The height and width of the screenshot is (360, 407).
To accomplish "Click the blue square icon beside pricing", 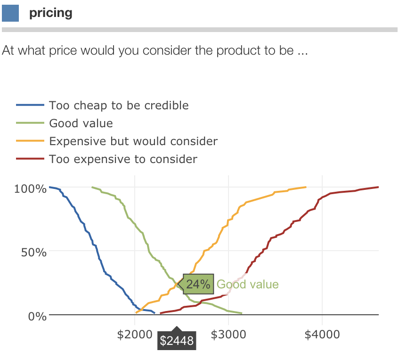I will tap(10, 13).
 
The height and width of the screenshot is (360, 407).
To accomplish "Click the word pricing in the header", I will tap(51, 13).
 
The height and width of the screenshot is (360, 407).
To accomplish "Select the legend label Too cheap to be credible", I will tap(119, 106).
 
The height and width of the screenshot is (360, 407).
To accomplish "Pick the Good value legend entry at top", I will tap(81, 124).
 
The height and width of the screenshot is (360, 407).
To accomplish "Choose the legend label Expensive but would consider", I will tap(133, 141).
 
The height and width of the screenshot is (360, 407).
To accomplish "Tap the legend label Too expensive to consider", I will tap(123, 159).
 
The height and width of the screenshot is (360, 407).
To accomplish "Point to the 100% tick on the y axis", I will tap(31, 189).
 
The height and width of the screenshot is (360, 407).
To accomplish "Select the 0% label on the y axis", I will tap(37, 316).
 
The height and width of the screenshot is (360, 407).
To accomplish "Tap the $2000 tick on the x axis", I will tap(135, 334).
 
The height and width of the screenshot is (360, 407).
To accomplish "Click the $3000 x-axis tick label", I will tap(228, 334).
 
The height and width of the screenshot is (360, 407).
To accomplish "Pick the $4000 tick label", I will tap(322, 334).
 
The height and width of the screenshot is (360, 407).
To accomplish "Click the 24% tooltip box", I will tap(198, 284).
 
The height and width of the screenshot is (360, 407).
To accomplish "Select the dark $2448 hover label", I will tap(177, 341).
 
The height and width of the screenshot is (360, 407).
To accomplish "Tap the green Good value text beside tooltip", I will tap(247, 285).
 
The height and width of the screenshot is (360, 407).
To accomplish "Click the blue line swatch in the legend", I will tap(30, 106).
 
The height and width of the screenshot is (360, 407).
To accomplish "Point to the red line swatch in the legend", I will tap(30, 159).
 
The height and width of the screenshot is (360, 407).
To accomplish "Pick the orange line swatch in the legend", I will tap(30, 141).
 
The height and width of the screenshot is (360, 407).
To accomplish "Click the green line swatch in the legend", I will tap(30, 124).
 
